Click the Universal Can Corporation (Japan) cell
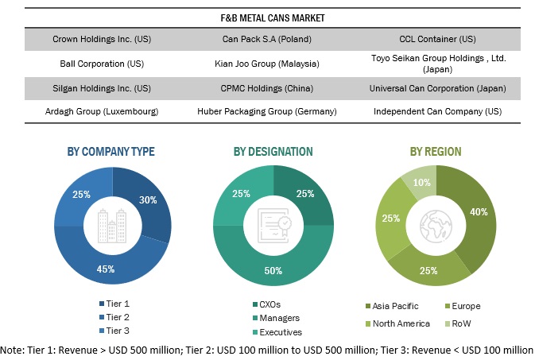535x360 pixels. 439,87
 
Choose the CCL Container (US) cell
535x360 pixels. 439,38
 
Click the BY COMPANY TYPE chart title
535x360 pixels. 112,151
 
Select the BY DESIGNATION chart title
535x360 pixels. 273,151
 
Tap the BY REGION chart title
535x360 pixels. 436,151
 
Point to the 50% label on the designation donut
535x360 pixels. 272,270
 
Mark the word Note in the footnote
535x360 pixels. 14,349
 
